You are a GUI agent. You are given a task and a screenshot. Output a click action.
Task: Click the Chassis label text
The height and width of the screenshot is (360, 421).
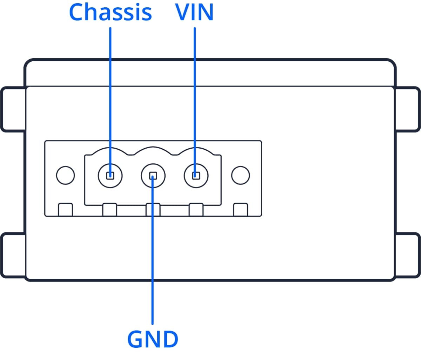(110, 13)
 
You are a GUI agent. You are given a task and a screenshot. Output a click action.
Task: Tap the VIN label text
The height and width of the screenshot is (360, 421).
(194, 13)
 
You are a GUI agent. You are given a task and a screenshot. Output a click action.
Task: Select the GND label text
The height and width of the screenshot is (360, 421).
(153, 339)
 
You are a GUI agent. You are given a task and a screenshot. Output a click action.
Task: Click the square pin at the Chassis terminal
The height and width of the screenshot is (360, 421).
(110, 175)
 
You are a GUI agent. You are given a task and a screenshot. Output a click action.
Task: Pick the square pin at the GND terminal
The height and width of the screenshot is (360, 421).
(153, 175)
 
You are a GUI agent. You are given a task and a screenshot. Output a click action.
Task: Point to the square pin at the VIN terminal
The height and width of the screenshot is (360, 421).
(196, 175)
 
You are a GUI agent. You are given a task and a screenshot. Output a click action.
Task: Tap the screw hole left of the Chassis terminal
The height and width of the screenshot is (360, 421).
(65, 175)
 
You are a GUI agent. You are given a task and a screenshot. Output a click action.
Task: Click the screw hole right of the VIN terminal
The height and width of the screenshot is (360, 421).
(240, 175)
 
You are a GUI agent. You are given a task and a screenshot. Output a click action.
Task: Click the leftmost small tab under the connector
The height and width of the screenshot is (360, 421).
(65, 210)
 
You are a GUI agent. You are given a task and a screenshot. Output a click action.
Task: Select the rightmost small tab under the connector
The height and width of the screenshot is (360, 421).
(240, 210)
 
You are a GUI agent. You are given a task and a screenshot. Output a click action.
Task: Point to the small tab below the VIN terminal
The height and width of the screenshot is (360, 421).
(196, 210)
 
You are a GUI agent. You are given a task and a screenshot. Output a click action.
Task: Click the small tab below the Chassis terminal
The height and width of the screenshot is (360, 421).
(109, 210)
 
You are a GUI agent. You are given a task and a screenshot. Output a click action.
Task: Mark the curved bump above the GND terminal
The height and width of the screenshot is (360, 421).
(153, 150)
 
